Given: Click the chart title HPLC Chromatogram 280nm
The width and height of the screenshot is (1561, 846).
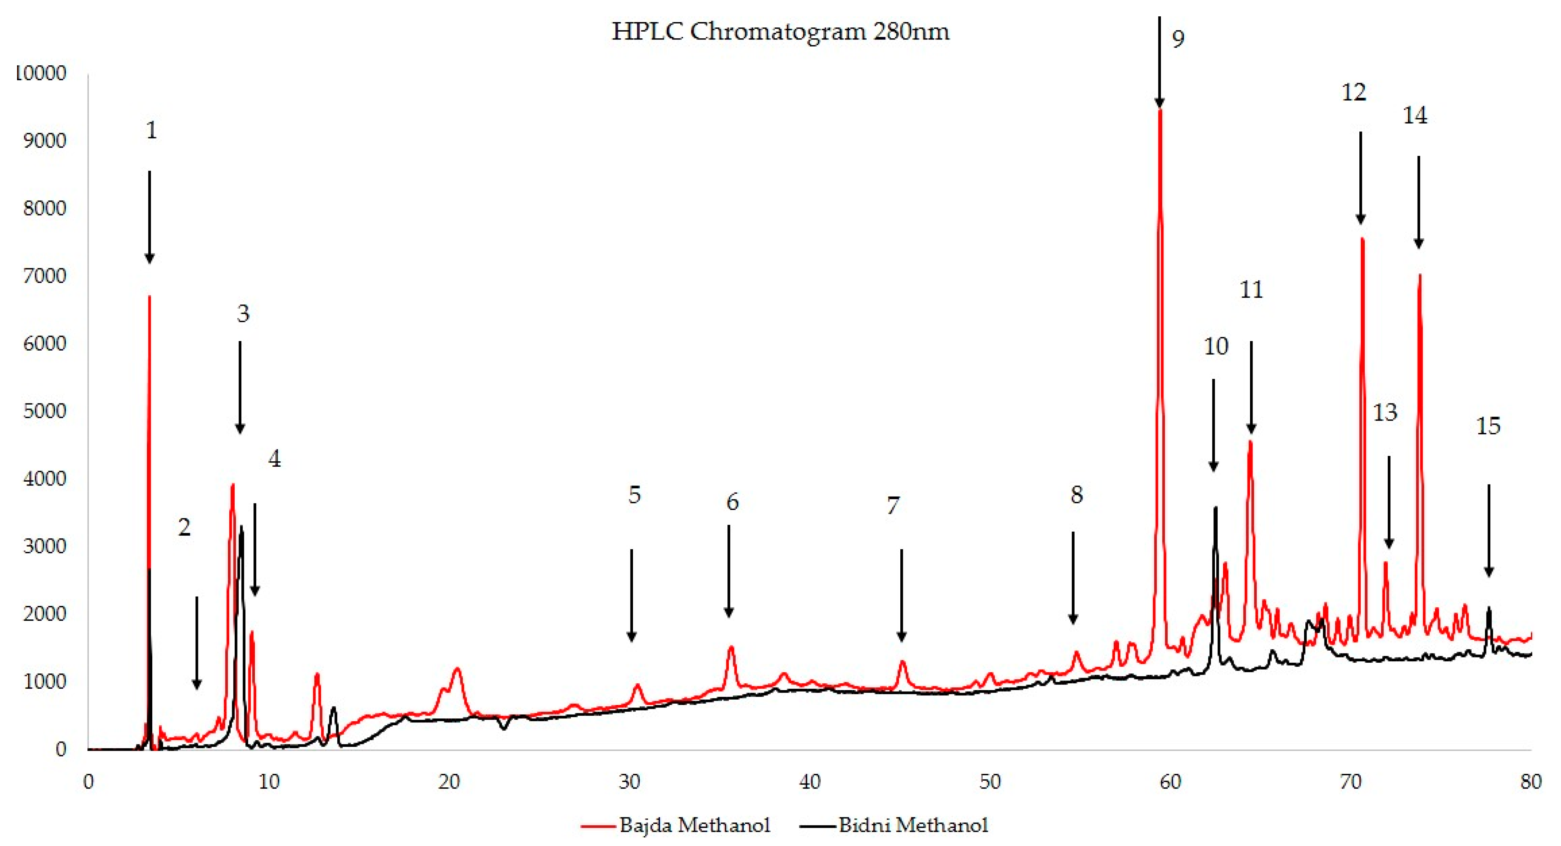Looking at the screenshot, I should (780, 32).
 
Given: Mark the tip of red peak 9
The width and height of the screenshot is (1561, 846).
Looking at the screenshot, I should (1160, 111).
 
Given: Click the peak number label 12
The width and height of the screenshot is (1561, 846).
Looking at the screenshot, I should (1353, 93).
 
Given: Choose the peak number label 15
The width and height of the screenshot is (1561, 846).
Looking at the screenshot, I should (1488, 426).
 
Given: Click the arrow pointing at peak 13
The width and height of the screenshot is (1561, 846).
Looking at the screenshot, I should (1389, 503).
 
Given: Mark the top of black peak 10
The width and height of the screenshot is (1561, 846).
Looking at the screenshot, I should (1215, 508).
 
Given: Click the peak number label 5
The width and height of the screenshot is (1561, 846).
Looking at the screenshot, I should (634, 495).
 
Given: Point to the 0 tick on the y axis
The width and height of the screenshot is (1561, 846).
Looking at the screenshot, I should (61, 750).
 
